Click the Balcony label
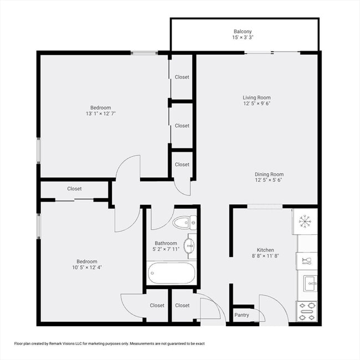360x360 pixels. click(242, 32)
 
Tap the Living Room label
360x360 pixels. click(256, 97)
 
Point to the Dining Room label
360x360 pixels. click(269, 174)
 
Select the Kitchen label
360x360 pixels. click(265, 250)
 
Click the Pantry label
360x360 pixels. click(241, 315)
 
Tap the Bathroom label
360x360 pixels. click(166, 243)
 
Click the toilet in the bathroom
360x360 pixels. click(183, 223)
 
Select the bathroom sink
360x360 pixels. click(189, 246)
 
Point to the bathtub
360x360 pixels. click(171, 273)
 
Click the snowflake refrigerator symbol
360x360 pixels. click(305, 221)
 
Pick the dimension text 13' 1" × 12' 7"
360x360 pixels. click(101, 114)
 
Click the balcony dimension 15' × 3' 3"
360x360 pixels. click(243, 38)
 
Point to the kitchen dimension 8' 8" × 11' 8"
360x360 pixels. click(265, 256)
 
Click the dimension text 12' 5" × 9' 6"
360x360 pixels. click(256, 104)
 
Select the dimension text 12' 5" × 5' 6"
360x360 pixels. click(269, 181)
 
